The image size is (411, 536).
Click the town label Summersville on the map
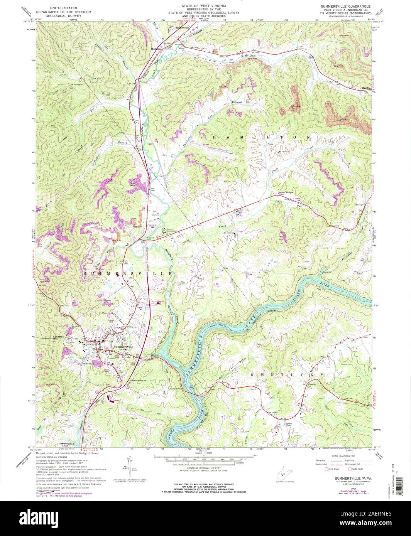tap(123, 347)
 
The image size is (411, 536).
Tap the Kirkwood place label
tap(236, 102)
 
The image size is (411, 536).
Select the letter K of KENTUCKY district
tap(254, 374)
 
